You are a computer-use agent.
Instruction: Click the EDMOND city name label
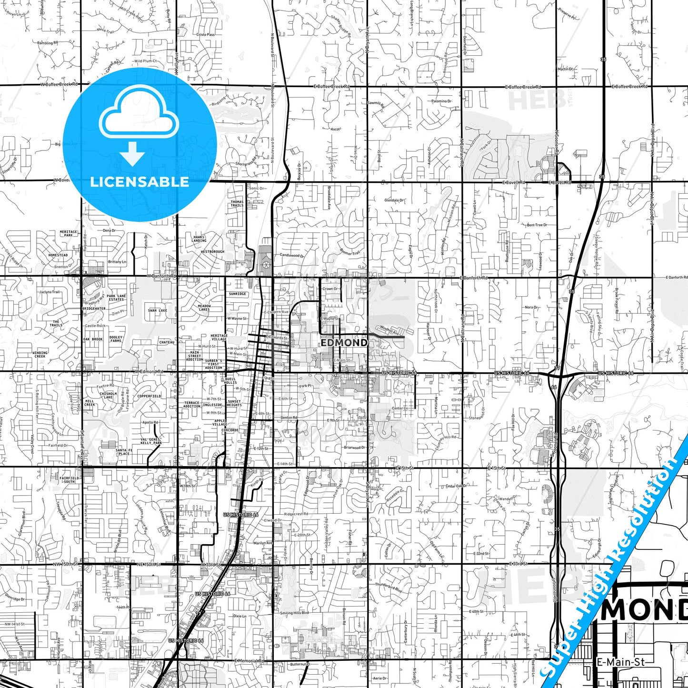tap(344, 342)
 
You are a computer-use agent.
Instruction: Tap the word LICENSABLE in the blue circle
tap(140, 182)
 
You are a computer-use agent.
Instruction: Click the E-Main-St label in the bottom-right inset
tap(620, 662)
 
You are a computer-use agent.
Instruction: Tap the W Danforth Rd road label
tap(161, 276)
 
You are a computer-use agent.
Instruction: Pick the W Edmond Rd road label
tap(149, 371)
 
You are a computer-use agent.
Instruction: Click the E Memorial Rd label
tap(249, 661)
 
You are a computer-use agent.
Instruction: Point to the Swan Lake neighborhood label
tap(158, 310)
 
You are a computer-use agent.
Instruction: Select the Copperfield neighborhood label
tap(149, 396)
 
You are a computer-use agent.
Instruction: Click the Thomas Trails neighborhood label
tap(237, 203)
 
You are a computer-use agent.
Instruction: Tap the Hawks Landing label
tap(199, 239)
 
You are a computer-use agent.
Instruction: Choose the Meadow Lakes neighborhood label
tap(204, 308)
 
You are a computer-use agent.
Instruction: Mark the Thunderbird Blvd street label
tap(389, 587)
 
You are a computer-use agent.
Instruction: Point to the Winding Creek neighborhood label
tap(40, 355)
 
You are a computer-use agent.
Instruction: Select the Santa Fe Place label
tap(124, 452)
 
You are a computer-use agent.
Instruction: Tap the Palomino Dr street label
tap(442, 101)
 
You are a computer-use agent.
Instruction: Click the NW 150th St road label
tap(66, 564)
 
